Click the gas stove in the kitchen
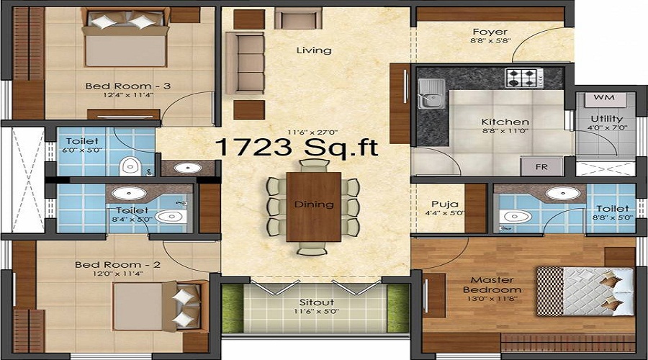524,78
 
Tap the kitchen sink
431,94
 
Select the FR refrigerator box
541,166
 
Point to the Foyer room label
490,32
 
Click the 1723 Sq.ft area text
297,147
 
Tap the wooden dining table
314,207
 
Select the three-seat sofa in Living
245,63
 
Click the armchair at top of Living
298,18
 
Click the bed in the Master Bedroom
585,292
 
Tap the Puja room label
445,204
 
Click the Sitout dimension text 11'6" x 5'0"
317,311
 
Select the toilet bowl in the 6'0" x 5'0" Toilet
130,166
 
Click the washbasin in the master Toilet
563,193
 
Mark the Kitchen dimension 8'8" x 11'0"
505,131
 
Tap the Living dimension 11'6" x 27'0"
313,132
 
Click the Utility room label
607,119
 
